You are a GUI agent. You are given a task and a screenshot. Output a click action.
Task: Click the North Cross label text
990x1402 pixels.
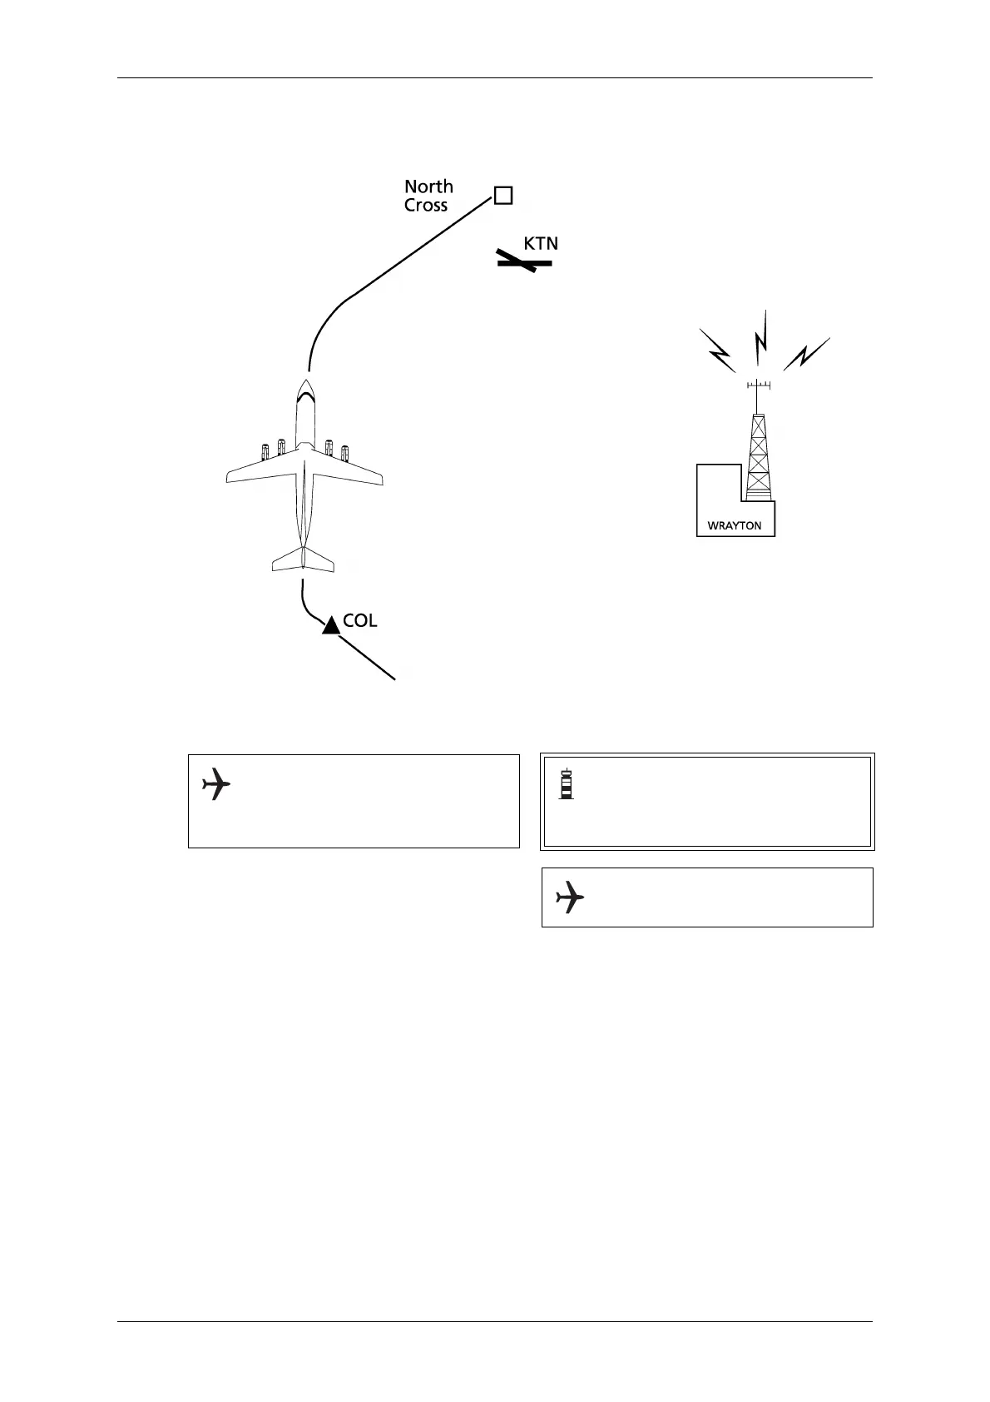(428, 196)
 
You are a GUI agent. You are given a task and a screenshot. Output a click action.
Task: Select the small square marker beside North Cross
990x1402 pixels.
(502, 196)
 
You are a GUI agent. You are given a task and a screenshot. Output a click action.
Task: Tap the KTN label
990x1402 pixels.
(541, 244)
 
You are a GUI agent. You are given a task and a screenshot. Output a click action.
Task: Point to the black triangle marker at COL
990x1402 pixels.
(331, 625)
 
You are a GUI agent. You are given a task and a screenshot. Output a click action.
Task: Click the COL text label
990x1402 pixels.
(360, 621)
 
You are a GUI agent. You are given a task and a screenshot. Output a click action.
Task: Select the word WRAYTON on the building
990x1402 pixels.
(734, 525)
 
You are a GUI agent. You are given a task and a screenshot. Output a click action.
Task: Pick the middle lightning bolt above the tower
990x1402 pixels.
(760, 336)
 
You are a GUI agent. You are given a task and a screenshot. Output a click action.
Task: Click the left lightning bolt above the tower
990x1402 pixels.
(717, 350)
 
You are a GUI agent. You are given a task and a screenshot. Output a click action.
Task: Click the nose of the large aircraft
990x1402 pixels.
(304, 385)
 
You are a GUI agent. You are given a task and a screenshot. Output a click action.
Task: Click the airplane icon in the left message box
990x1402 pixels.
(216, 784)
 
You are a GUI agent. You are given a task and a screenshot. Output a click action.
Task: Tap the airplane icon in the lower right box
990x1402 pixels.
(570, 897)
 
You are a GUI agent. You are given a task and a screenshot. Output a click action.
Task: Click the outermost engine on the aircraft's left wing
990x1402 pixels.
(265, 452)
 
